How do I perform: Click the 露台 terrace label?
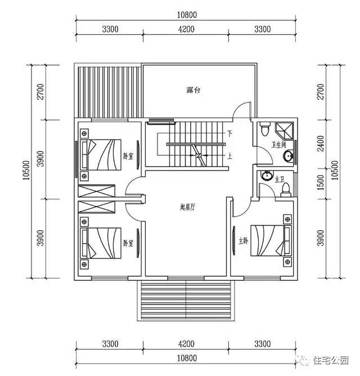[x=195, y=90]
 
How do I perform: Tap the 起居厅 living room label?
[x=187, y=207]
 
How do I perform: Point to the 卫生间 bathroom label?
[x=280, y=144]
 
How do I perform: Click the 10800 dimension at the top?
[x=187, y=15]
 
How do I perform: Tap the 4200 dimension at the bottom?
[x=186, y=344]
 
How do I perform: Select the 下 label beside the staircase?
[x=229, y=133]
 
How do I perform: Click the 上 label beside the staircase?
[x=229, y=157]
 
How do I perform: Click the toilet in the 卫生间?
[x=264, y=131]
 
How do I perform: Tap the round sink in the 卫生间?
[x=287, y=156]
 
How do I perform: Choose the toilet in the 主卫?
[x=286, y=187]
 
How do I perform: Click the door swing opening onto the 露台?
[x=241, y=110]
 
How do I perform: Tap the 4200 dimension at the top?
[x=186, y=29]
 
